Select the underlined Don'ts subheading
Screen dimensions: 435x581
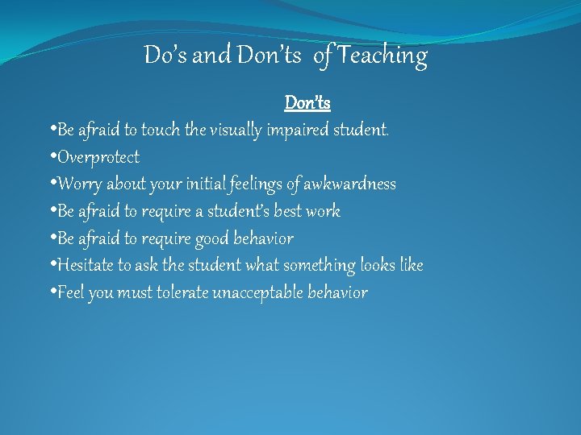tap(307, 103)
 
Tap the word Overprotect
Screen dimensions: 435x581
tap(98, 157)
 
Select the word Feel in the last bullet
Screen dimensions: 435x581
tap(70, 292)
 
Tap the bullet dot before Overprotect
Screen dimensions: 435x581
tap(52, 157)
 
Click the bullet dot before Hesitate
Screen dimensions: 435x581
tap(52, 265)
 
